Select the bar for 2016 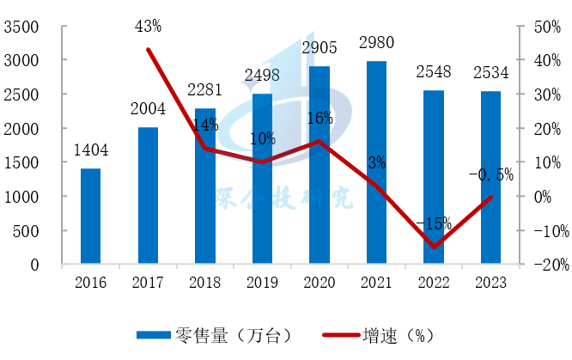pos(90,217)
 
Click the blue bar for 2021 pos(375,163)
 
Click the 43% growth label pos(148,27)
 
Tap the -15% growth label pos(433,223)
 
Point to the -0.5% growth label pos(490,175)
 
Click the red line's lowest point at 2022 pos(433,247)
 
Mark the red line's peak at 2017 pos(148,49)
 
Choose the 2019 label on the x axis pos(262,280)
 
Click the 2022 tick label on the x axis pos(433,280)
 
